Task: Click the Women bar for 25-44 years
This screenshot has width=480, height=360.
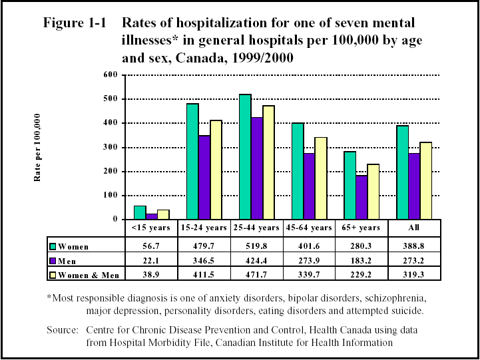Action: click(x=245, y=157)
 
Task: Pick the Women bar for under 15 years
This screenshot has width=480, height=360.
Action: click(x=140, y=212)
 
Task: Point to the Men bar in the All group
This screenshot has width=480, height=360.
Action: click(x=415, y=186)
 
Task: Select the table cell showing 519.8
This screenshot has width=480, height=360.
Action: click(x=257, y=246)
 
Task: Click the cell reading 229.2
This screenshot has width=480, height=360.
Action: click(x=362, y=275)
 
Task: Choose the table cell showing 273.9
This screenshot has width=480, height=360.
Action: click(x=310, y=261)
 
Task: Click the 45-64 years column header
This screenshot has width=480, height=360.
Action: click(x=310, y=228)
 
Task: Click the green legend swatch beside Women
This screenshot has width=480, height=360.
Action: click(x=53, y=246)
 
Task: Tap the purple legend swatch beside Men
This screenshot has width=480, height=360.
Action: click(x=53, y=261)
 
